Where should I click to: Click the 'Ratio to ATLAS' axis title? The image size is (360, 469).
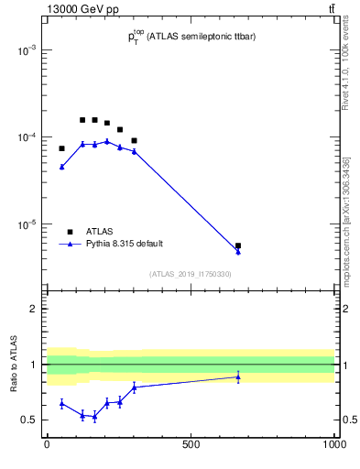15,364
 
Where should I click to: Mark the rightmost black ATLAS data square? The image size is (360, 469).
238,245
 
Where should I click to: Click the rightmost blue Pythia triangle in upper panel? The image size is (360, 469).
238,251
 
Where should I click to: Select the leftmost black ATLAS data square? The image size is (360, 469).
61,148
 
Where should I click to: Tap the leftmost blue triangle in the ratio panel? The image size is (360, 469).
61,403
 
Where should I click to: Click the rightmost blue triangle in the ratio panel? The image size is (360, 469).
238,376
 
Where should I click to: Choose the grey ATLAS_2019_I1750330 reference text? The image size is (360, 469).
191,274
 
